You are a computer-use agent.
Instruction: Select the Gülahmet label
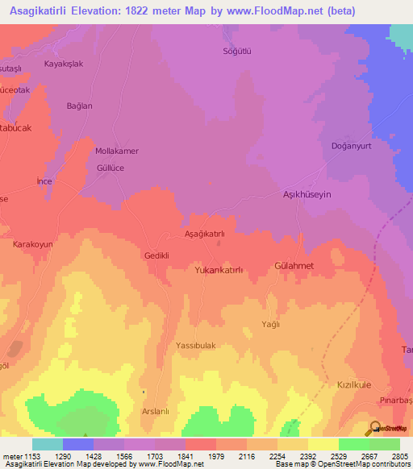coord(294,265)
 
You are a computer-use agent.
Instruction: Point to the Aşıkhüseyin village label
coord(307,195)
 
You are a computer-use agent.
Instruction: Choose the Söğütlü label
coord(237,51)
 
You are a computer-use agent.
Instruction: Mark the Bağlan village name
coord(80,106)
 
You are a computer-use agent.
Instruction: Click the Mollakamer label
coord(117,151)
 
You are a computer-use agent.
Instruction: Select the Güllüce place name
coord(110,168)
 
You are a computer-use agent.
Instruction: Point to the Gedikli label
coord(156,255)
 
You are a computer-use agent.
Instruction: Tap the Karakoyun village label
coord(32,243)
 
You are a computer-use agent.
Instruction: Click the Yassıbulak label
coord(196,345)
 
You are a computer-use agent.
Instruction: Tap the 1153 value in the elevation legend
coord(31,456)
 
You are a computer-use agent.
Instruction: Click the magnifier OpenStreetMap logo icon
coord(374,428)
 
